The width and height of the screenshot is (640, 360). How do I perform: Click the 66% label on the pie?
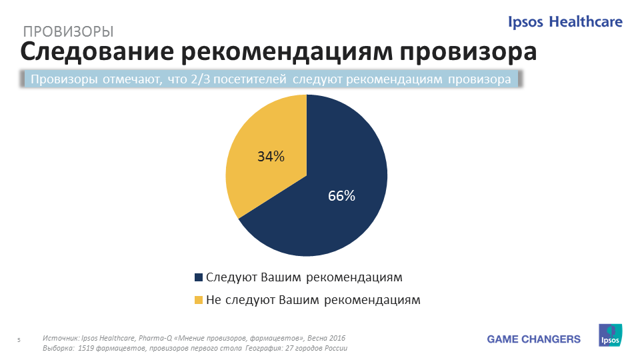pyautogui.click(x=341, y=196)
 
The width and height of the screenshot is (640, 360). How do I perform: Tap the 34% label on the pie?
pyautogui.click(x=271, y=156)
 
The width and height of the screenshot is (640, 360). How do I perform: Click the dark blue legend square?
pyautogui.click(x=199, y=277)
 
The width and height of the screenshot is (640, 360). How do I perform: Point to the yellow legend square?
pyautogui.click(x=199, y=300)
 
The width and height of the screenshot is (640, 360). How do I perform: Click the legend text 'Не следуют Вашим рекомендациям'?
pyautogui.click(x=313, y=300)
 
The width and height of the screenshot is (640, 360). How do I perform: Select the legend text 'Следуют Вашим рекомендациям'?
pyautogui.click(x=304, y=277)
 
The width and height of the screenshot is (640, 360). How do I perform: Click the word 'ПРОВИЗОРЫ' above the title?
pyautogui.click(x=68, y=31)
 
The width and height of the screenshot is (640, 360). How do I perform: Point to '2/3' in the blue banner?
pyautogui.click(x=201, y=79)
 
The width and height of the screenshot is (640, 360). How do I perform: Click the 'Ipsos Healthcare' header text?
pyautogui.click(x=565, y=21)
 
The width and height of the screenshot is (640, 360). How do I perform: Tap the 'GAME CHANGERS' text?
pyautogui.click(x=533, y=339)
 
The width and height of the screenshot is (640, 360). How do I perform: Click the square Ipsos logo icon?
pyautogui.click(x=610, y=335)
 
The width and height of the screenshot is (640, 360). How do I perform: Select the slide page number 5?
pyautogui.click(x=19, y=340)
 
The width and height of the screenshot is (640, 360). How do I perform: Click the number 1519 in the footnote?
pyautogui.click(x=86, y=348)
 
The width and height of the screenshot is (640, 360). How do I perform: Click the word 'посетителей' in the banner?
pyautogui.click(x=250, y=79)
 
